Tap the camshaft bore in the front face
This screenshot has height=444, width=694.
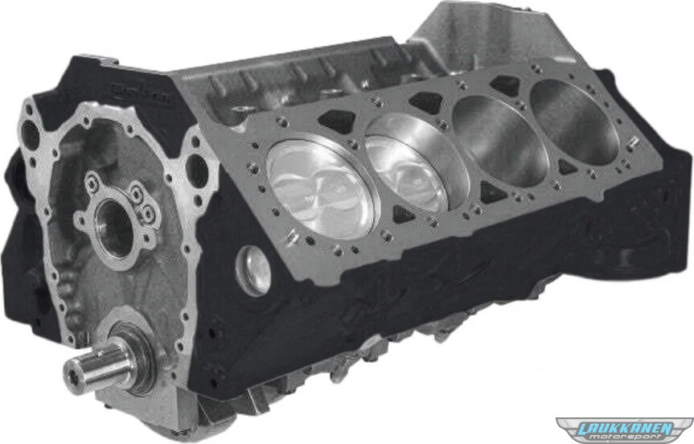pos(113,228)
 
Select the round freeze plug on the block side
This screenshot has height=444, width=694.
pos(253,270)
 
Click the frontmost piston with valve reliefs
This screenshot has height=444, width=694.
pos(322,189)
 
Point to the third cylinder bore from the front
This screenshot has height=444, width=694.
pos(500,139)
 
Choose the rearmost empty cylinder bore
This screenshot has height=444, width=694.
pos(573,121)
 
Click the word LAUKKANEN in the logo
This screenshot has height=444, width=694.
pos(628,428)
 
